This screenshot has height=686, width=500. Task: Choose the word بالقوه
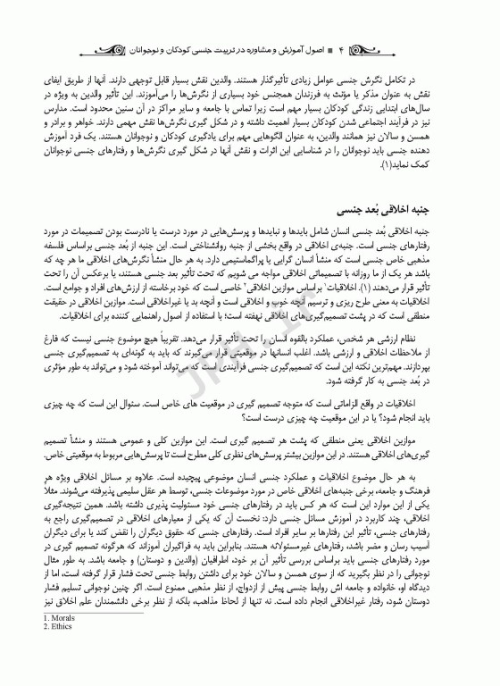322,314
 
